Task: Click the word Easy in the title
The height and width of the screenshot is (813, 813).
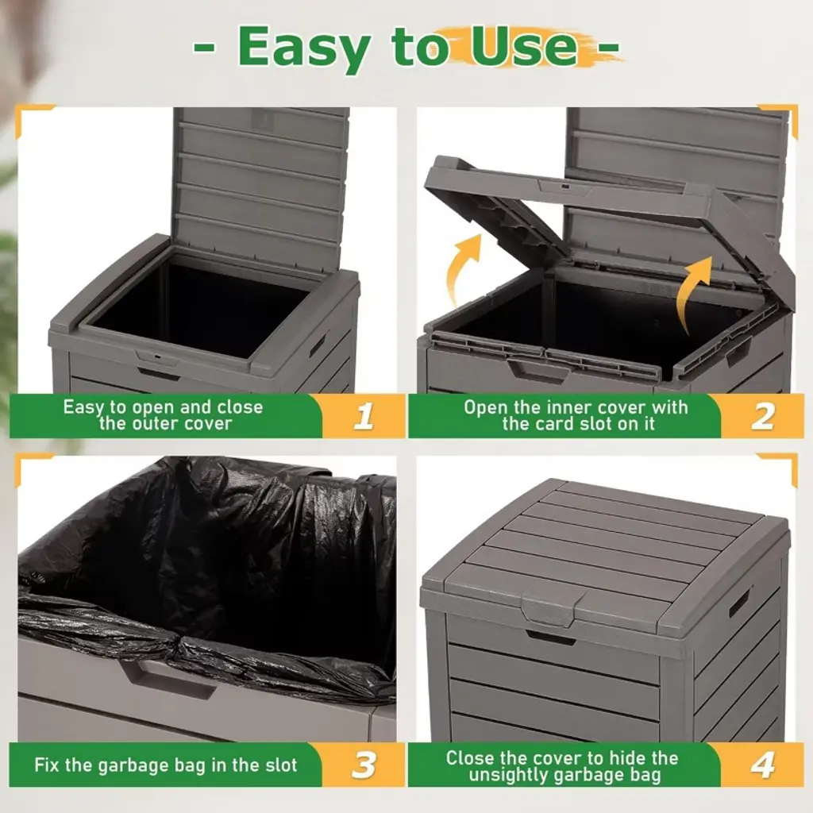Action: click(x=304, y=48)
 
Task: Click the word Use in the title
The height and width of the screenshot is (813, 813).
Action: click(x=524, y=47)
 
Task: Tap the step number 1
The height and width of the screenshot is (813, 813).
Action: click(x=364, y=416)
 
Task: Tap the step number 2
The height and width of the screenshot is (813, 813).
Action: click(x=763, y=416)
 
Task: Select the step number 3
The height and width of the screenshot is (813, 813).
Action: click(x=364, y=765)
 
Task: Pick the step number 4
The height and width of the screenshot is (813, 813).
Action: click(x=763, y=765)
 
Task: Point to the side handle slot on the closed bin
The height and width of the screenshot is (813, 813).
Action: click(x=740, y=602)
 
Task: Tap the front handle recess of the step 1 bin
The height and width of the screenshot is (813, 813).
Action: click(x=159, y=374)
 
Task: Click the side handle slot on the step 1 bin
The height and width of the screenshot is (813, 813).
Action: click(x=318, y=345)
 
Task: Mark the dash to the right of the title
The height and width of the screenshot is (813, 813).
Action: click(x=608, y=48)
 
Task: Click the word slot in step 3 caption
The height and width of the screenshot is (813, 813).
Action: click(x=280, y=765)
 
